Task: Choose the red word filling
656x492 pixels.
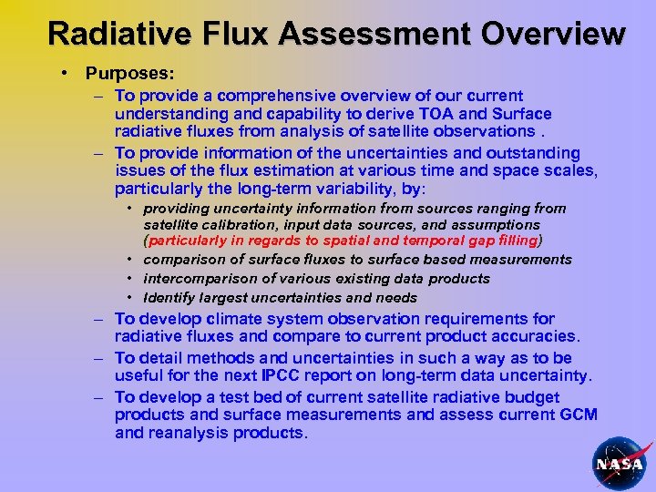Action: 515,241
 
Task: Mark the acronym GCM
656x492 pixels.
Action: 578,415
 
